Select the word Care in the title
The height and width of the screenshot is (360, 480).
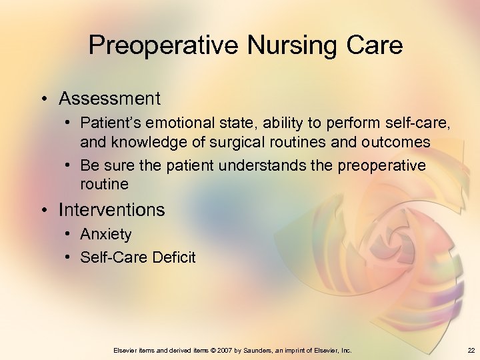coord(373,45)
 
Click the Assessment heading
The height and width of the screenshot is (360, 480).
coord(109,99)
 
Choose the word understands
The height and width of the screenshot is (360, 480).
coord(271,165)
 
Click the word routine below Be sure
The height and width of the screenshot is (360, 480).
coord(104,183)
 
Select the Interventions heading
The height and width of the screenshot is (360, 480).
coord(111,210)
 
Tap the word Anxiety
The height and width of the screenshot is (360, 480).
coord(106,235)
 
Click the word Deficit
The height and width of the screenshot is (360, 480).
coord(173,257)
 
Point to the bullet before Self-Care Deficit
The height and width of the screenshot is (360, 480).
coord(70,257)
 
